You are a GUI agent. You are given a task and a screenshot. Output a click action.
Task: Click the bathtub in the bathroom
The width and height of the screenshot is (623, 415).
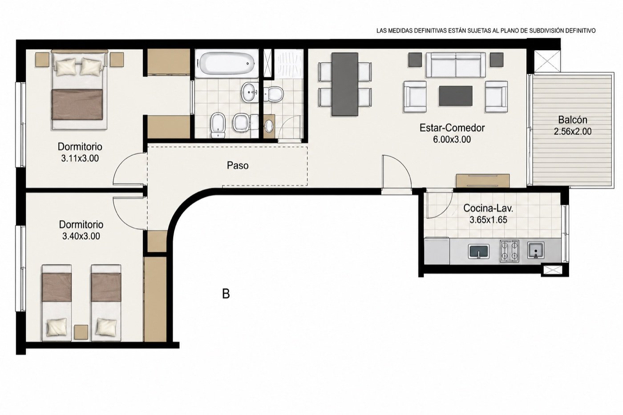[226, 64]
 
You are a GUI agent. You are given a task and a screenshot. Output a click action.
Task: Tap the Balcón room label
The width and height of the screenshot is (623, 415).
[573, 120]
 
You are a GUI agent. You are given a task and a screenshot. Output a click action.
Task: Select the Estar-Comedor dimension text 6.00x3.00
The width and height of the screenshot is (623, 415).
[452, 139]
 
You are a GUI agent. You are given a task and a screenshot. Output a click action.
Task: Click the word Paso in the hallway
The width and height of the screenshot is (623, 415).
[238, 165]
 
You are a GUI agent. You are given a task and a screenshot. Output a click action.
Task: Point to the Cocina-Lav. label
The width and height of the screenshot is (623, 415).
[488, 208]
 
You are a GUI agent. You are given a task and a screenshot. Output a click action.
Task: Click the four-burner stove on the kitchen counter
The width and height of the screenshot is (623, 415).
[509, 251]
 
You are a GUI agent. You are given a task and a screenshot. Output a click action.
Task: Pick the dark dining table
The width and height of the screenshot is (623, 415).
[344, 84]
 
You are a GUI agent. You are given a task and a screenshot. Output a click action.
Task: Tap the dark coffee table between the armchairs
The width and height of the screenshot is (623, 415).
[456, 96]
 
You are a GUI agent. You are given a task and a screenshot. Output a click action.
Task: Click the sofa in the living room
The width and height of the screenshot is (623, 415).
[456, 65]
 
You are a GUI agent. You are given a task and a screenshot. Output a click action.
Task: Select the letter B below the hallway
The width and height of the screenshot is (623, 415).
[226, 294]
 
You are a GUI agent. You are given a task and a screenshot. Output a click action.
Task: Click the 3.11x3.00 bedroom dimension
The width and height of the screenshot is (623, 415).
[80, 158]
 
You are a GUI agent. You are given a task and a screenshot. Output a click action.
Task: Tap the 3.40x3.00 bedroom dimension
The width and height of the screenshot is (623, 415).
[81, 236]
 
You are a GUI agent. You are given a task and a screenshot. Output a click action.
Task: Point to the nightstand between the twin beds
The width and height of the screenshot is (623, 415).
[81, 332]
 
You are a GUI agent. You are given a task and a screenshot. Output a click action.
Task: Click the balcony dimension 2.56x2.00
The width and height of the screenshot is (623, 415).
[573, 132]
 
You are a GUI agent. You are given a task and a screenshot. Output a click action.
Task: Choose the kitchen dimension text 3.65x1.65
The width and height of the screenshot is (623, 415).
[489, 220]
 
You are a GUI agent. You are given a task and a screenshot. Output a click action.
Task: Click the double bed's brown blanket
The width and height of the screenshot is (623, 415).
[77, 105]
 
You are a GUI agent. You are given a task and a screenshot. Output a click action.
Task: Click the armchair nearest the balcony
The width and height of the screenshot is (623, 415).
[496, 97]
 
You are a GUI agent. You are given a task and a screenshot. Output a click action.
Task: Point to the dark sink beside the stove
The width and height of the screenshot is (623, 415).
[478, 251]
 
